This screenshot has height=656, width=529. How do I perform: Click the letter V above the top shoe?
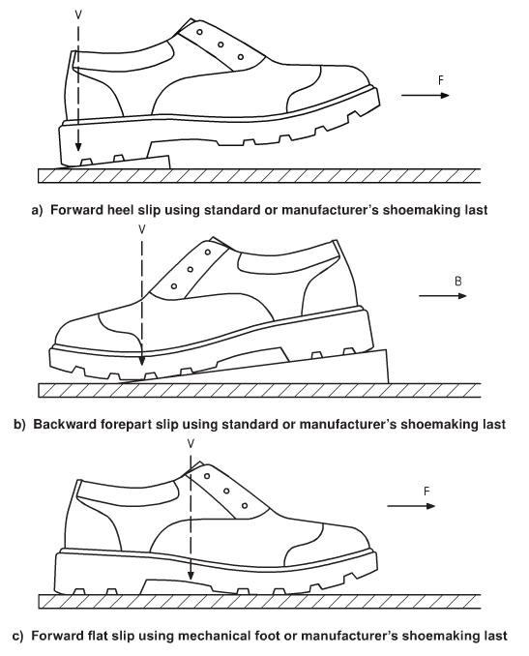pyautogui.click(x=78, y=15)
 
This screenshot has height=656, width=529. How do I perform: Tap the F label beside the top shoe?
pyautogui.click(x=441, y=80)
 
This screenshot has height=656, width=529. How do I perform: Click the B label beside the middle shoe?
pyautogui.click(x=458, y=282)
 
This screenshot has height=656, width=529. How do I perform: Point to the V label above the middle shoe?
pyautogui.click(x=142, y=229)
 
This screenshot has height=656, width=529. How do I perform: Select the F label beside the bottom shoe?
pyautogui.click(x=426, y=492)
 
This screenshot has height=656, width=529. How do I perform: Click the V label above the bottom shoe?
pyautogui.click(x=191, y=443)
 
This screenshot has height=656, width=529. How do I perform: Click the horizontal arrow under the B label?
pyautogui.click(x=442, y=296)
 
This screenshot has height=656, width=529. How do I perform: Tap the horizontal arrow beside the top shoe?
pyautogui.click(x=425, y=96)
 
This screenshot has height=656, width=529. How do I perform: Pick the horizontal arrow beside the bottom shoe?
pyautogui.click(x=411, y=506)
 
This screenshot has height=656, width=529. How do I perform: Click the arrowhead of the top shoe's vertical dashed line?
pyautogui.click(x=78, y=146)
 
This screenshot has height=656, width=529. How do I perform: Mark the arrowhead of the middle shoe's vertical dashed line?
pyautogui.click(x=142, y=361)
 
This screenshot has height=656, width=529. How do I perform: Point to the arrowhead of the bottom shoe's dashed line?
pyautogui.click(x=191, y=576)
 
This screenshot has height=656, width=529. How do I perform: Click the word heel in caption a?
pyautogui.click(x=121, y=209)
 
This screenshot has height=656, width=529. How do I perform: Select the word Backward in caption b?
pyautogui.click(x=64, y=424)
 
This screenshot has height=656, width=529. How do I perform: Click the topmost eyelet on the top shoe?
pyautogui.click(x=199, y=32)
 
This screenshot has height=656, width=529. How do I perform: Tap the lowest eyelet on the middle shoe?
pyautogui.click(x=174, y=286)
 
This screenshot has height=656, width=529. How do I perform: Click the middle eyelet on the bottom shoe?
pyautogui.click(x=226, y=491)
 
